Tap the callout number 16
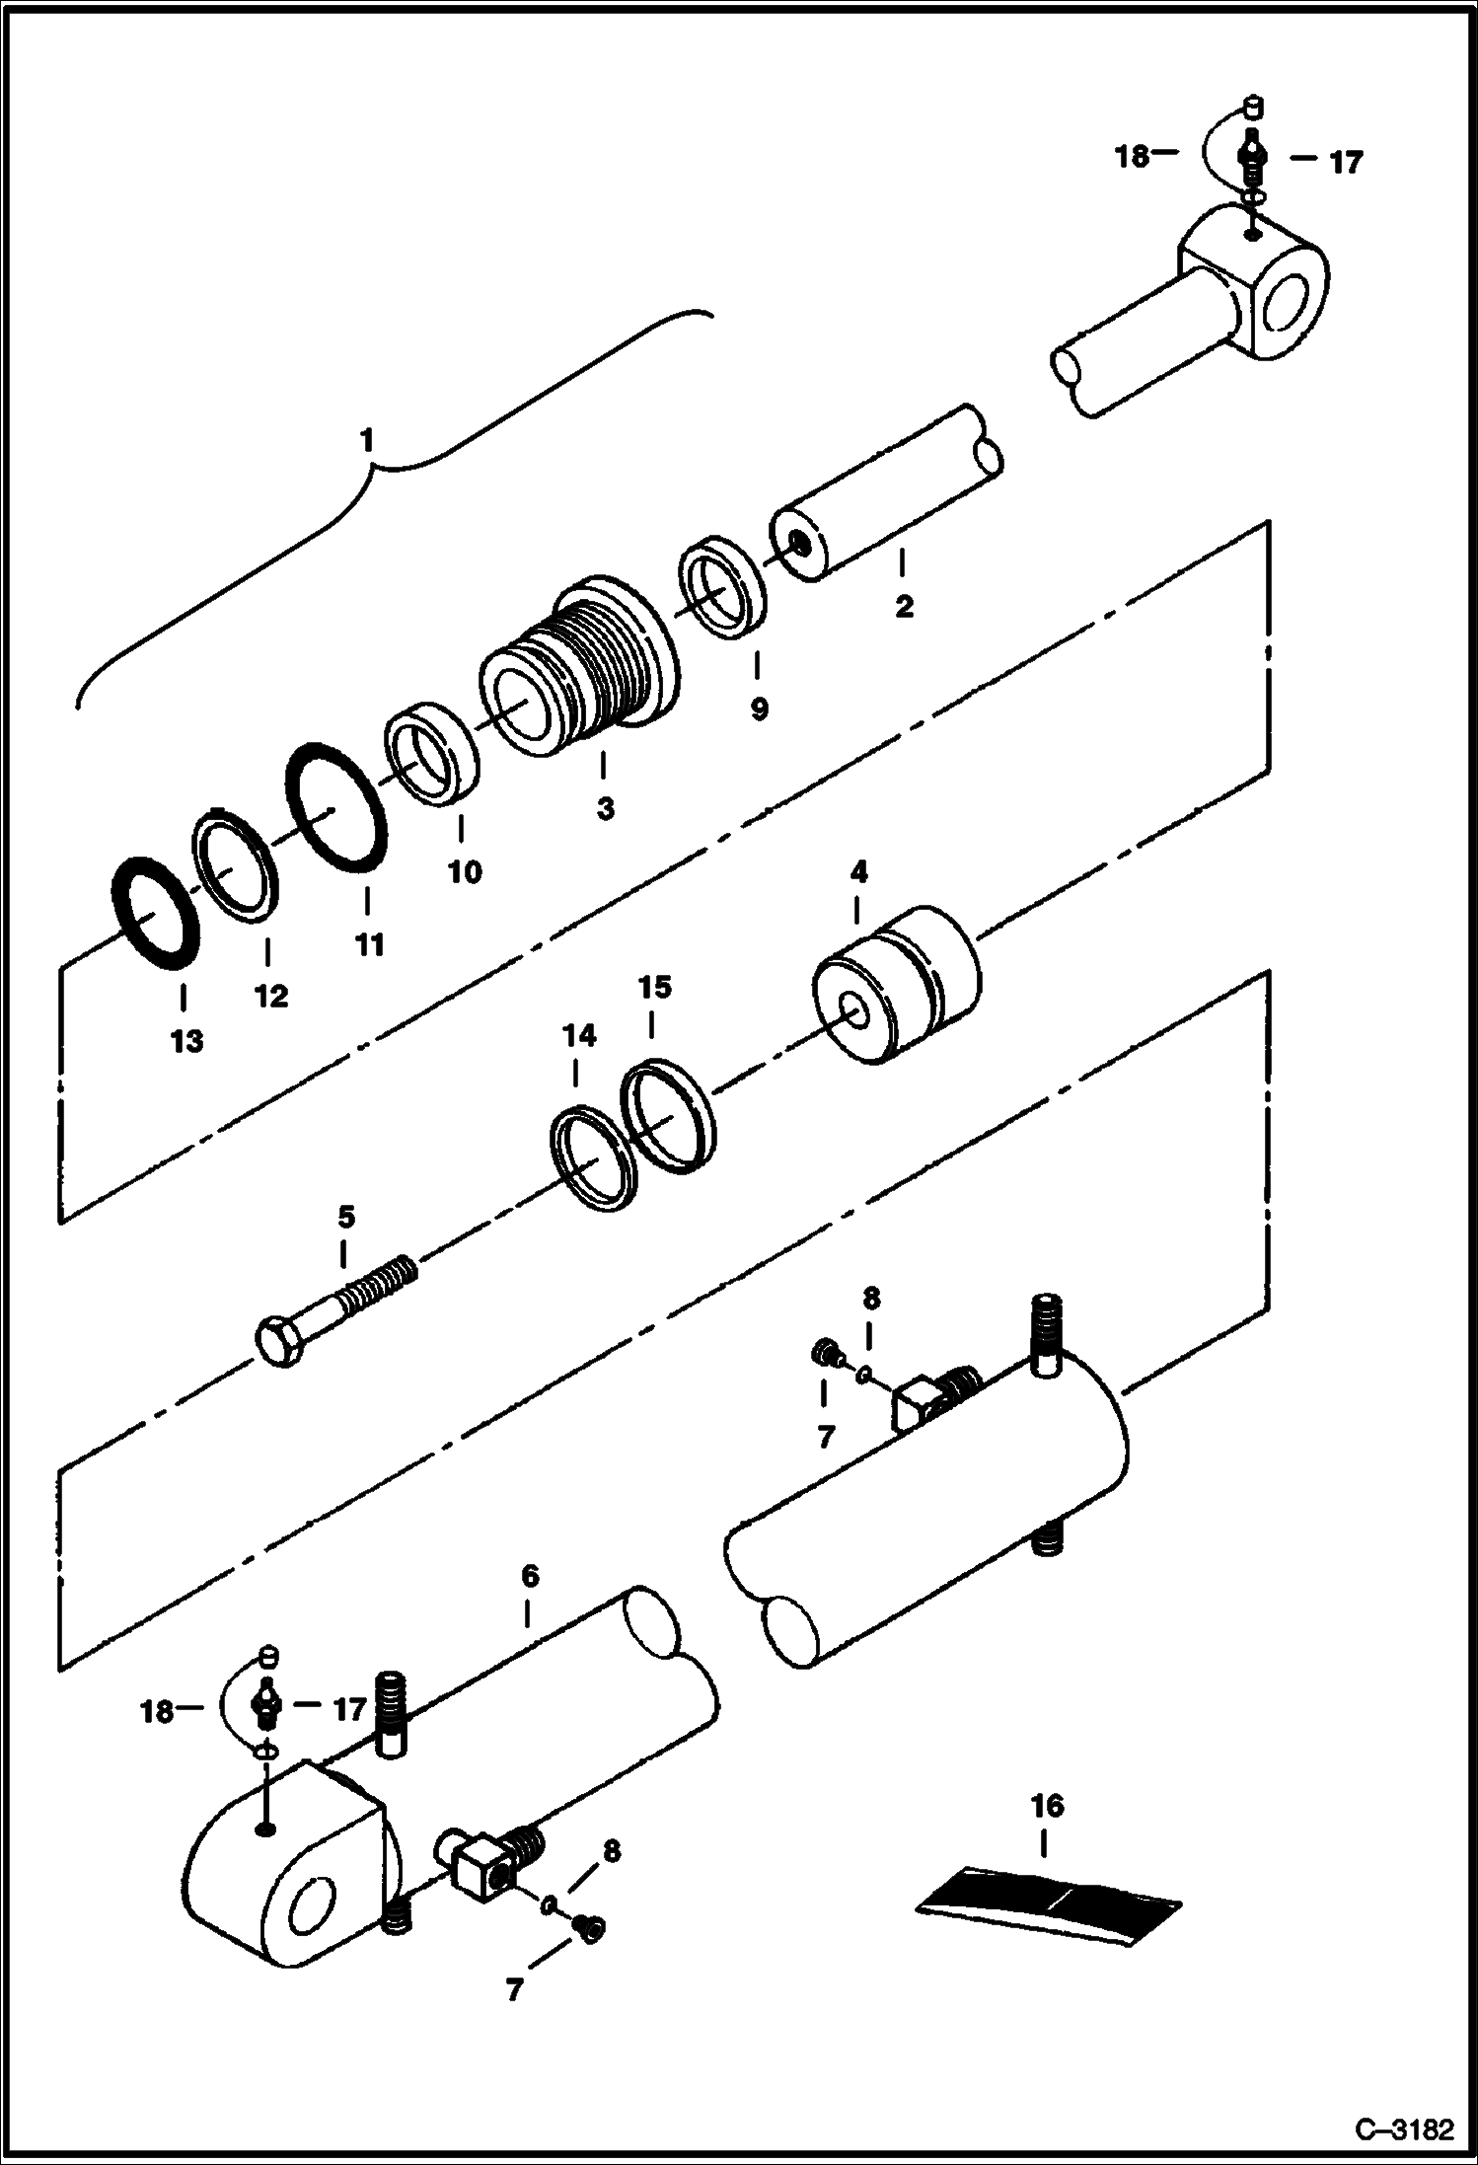click(x=1047, y=1806)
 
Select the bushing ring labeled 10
click(x=431, y=753)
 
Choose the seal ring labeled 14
click(x=592, y=1158)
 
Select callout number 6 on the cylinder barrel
click(x=530, y=1576)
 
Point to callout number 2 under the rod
click(x=904, y=606)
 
